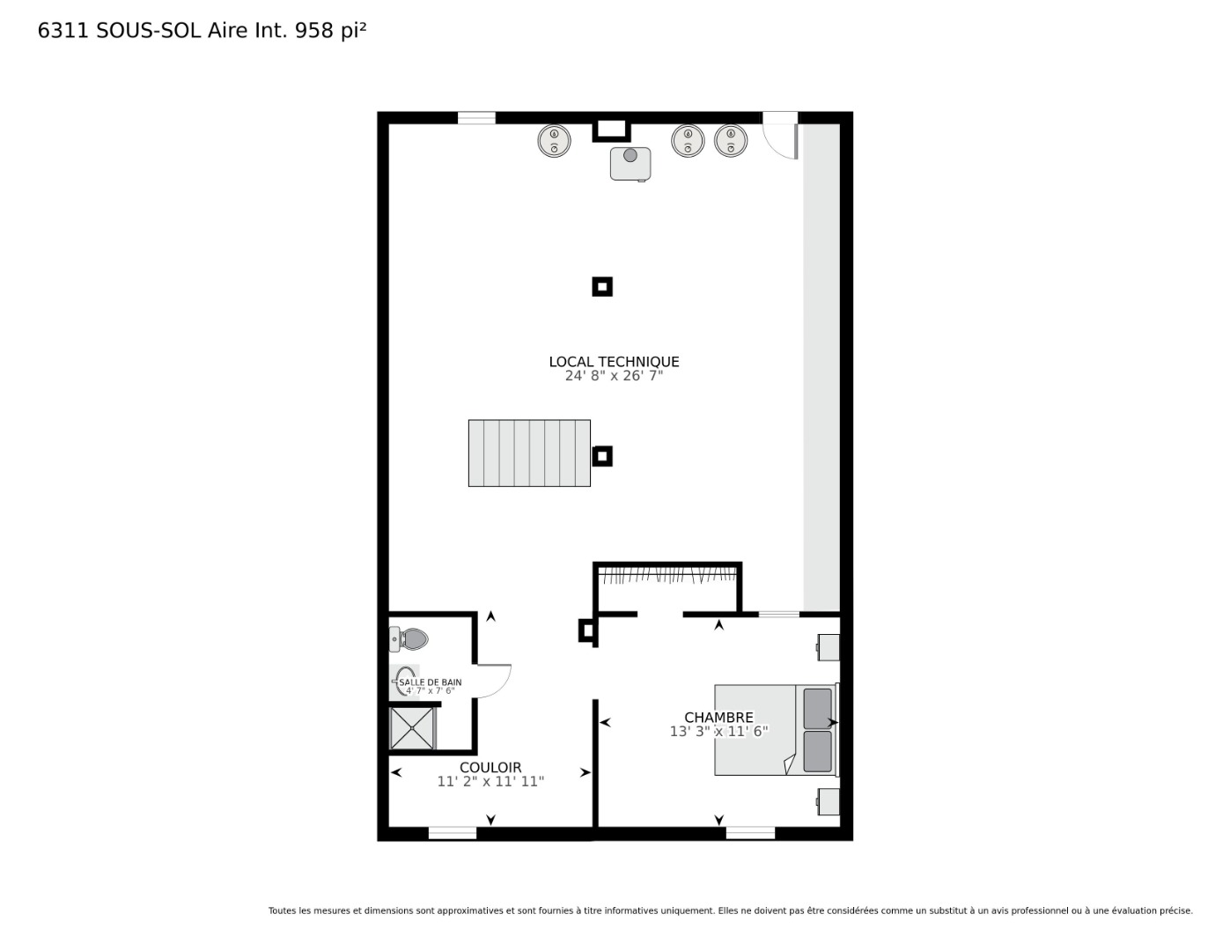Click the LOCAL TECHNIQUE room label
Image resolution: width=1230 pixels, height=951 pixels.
coord(614,362)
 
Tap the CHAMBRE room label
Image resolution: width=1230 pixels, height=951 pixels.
coord(718,718)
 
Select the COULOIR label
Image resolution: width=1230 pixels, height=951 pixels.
coord(490,768)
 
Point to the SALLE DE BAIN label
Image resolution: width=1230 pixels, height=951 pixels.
coord(431,682)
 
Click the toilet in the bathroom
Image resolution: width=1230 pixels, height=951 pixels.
coord(409,639)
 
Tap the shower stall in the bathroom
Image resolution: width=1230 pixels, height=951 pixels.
coord(413,728)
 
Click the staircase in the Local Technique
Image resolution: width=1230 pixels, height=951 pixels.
coord(529,453)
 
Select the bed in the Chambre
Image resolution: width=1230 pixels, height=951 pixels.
coord(776,730)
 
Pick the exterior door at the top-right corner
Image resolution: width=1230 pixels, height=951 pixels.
coord(780,135)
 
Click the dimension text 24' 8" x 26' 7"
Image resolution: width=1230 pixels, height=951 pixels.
coord(614,376)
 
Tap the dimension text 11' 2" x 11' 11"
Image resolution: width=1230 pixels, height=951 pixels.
coord(490,782)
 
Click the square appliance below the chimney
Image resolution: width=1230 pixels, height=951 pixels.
coord(630,164)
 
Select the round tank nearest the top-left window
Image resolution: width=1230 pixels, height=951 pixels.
coord(554,141)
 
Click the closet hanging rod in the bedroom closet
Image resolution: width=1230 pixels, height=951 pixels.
coord(667,574)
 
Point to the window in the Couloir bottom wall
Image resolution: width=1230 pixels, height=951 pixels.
coord(453,833)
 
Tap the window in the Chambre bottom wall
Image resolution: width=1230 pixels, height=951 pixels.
coord(750,833)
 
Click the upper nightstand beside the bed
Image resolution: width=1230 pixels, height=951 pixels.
coord(829,647)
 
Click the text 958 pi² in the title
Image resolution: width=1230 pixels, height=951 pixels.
coord(330,31)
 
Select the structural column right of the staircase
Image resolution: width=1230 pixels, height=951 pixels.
coord(602,456)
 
